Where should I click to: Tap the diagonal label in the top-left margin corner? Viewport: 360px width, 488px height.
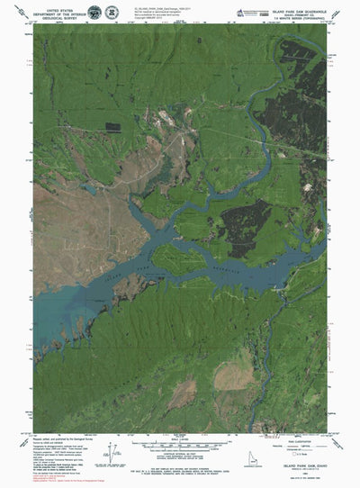point(32,28)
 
